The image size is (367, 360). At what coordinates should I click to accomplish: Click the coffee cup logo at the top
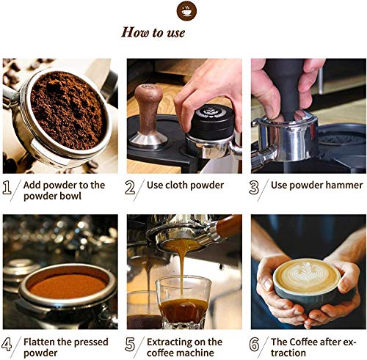186,11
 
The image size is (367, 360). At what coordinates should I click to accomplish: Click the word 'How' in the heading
134,32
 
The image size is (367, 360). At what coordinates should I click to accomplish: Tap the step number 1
7,188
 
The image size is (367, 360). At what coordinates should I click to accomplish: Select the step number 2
130,188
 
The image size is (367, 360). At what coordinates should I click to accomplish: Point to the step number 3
254,188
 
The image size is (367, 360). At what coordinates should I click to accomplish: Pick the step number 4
7,344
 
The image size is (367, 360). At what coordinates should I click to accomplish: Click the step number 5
130,344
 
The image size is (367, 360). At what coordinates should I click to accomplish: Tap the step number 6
254,344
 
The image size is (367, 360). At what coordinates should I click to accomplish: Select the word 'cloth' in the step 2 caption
176,185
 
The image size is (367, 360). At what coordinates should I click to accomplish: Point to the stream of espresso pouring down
182,271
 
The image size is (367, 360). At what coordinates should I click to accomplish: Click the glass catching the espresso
183,303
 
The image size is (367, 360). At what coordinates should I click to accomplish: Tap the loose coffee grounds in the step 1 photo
68,110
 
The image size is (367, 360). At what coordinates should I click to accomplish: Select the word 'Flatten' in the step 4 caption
39,342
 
